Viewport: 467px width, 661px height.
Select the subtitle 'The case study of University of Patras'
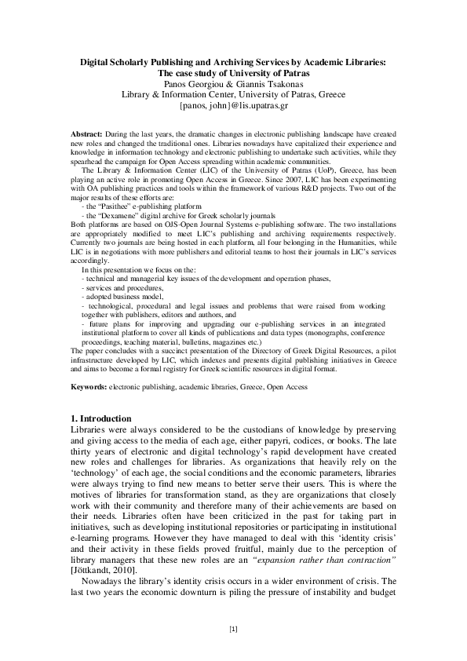click(x=233, y=72)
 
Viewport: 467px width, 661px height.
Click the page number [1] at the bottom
click(x=233, y=628)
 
